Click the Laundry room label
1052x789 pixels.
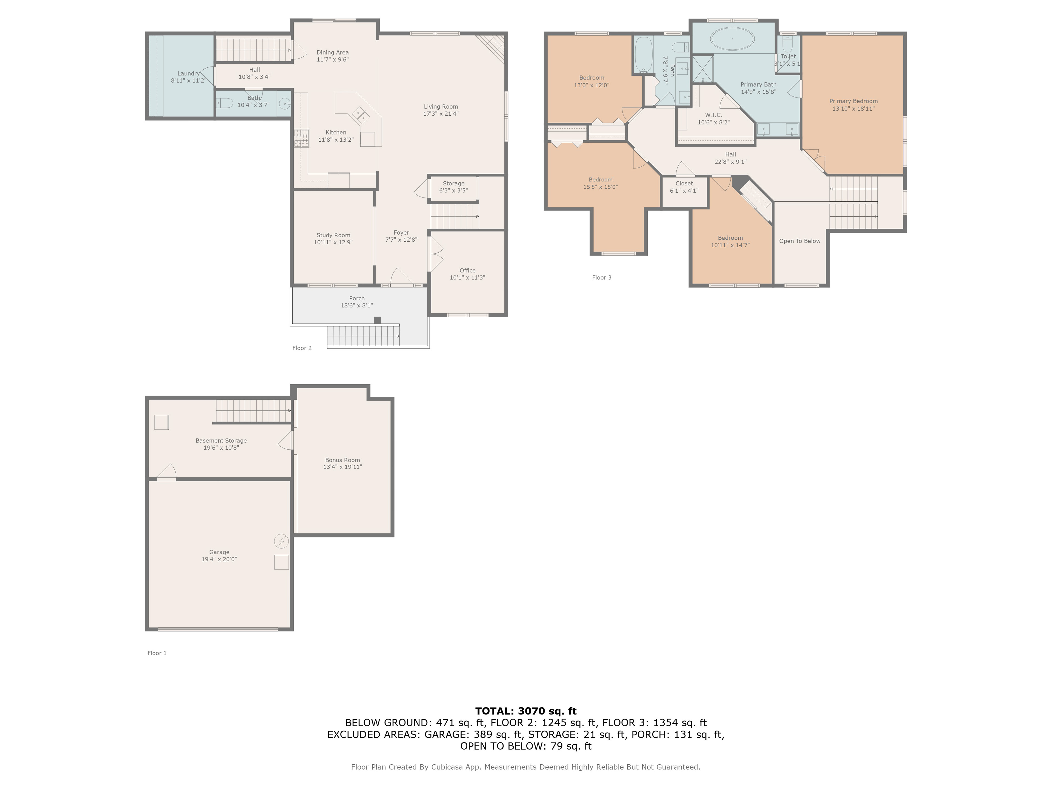(188, 73)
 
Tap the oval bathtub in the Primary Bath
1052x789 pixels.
(732, 38)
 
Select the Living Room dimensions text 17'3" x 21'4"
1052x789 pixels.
(441, 114)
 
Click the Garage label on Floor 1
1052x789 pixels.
(219, 552)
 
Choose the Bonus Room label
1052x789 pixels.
(342, 460)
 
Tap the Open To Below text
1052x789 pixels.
(799, 241)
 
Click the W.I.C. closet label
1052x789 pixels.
(713, 115)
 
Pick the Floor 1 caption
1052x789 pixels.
(157, 653)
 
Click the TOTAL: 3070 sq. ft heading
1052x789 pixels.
(525, 711)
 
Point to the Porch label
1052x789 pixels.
(357, 298)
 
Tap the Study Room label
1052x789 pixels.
(333, 235)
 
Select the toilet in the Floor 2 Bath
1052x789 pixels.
(224, 103)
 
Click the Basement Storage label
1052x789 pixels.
(221, 441)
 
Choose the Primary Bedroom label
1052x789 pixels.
(853, 101)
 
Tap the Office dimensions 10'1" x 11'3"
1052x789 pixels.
(467, 277)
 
